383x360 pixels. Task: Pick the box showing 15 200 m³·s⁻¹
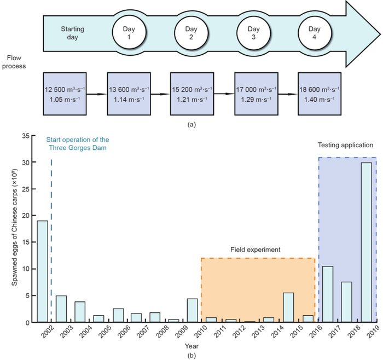point(191,92)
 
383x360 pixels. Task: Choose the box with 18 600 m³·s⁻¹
point(318,92)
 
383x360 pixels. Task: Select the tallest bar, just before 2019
point(366,242)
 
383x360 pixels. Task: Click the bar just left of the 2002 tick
point(42,271)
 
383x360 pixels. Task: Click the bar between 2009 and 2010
point(192,310)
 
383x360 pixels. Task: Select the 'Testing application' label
point(345,146)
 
